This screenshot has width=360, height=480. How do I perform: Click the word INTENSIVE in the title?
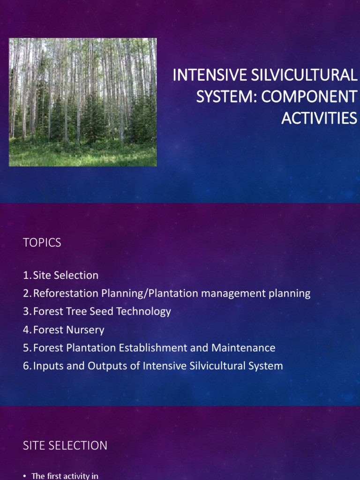click(x=205, y=75)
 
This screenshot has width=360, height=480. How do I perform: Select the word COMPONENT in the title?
click(x=308, y=97)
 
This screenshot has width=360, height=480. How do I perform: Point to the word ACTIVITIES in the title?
click(x=319, y=118)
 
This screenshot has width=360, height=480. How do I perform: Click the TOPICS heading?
click(x=42, y=243)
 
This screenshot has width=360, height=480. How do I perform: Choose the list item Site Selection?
click(x=66, y=276)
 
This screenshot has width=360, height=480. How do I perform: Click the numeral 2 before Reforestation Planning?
click(x=26, y=294)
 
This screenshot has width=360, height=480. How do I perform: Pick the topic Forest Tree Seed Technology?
click(x=102, y=312)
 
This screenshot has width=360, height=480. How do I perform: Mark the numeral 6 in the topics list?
click(x=26, y=366)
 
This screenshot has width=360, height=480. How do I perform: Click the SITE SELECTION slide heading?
click(x=65, y=446)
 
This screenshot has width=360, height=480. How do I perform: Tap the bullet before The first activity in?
click(x=25, y=476)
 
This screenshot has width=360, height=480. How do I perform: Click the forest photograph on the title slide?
click(x=83, y=102)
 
